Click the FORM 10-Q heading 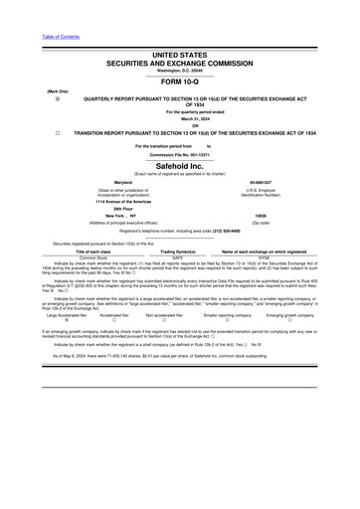[180, 83]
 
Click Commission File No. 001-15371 [180, 155]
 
